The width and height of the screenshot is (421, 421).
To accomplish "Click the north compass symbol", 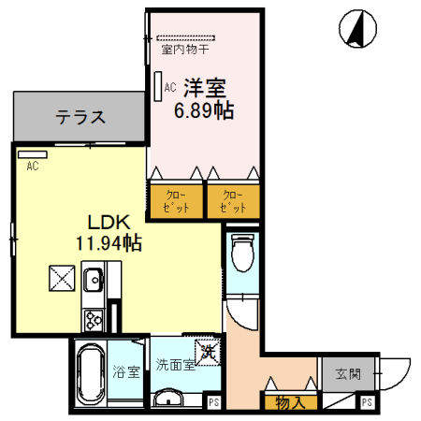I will coord(356,29).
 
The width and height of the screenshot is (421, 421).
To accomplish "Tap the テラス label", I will coord(79,118).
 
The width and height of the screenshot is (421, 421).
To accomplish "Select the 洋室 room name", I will coord(204,89).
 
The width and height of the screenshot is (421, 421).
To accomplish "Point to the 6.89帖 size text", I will coord(204,110).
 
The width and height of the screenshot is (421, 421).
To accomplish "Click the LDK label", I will coord(108,224).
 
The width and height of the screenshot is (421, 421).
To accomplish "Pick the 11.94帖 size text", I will coord(109,244).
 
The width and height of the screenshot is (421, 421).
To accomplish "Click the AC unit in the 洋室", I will coord(159,87).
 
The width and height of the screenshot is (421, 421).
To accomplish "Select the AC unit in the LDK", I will coord(32,153).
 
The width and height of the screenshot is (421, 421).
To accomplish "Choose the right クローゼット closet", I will coord(232,199).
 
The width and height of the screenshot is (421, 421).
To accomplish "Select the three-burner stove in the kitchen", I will coord(94,318).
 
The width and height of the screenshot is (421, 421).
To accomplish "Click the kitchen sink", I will coord(94,278).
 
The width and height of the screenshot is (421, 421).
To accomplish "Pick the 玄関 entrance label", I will coord(348,373).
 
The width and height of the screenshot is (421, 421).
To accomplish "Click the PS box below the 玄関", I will coord(367,402).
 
